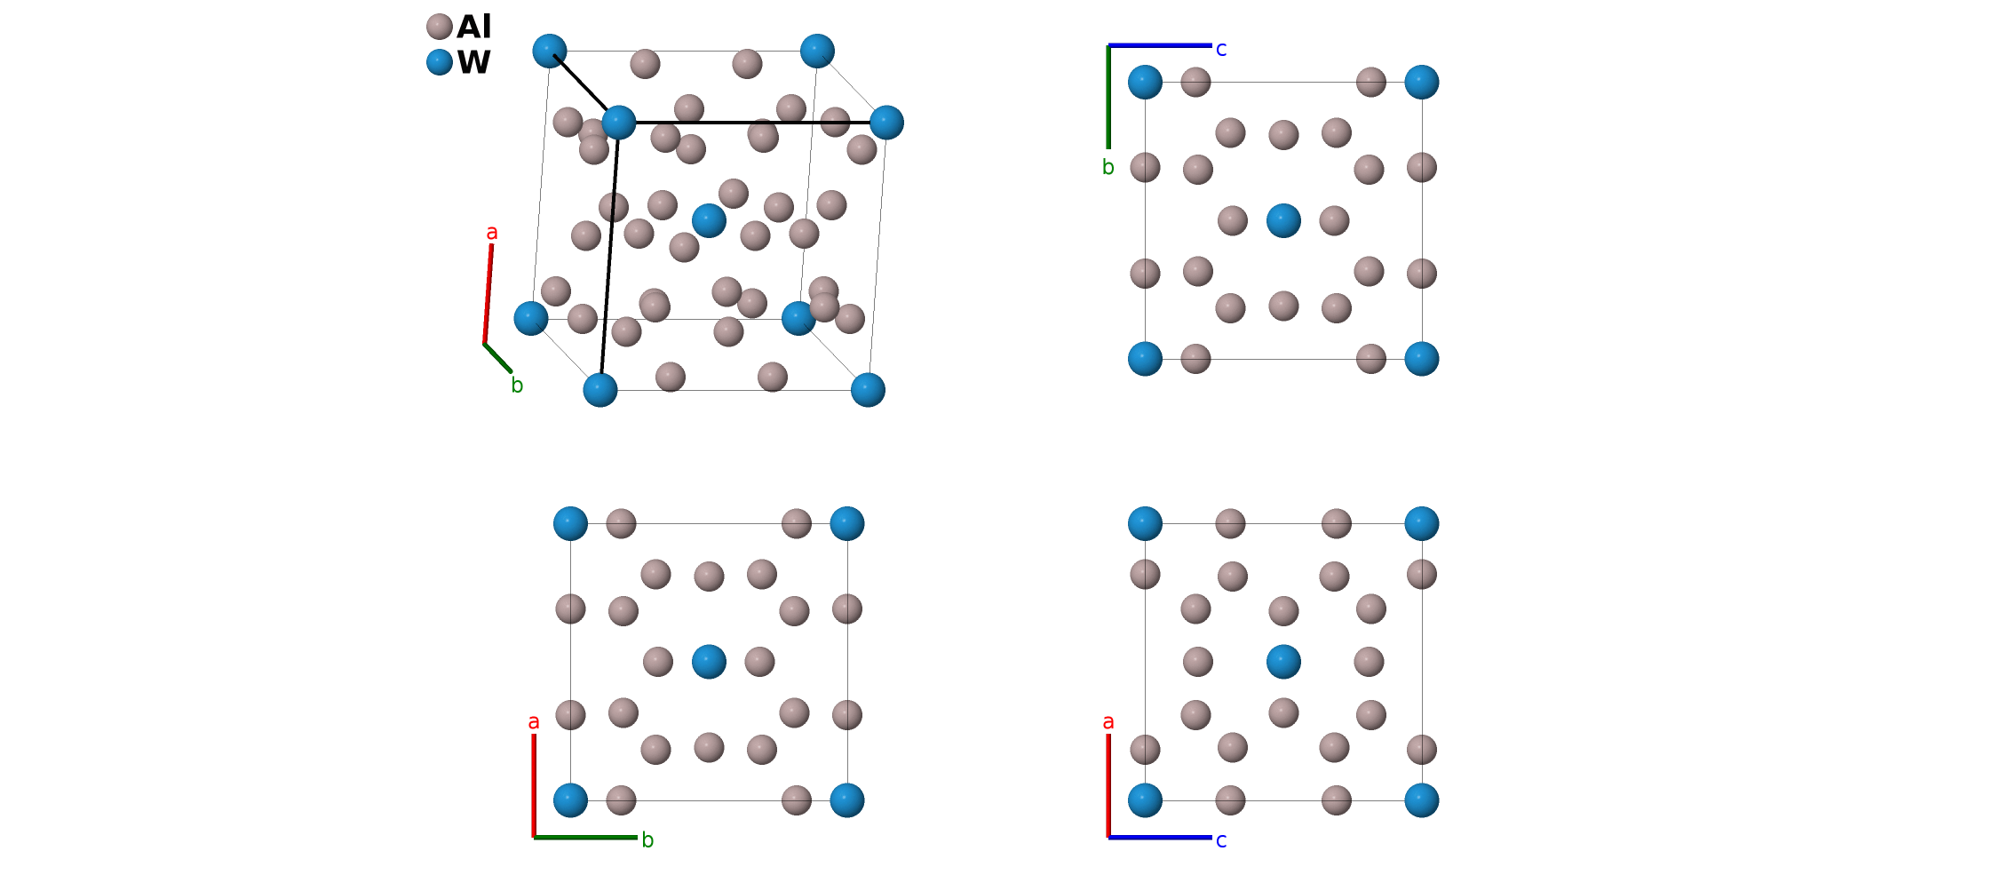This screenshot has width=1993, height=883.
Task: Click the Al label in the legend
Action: coord(473,28)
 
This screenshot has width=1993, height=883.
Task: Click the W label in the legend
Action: coord(474,63)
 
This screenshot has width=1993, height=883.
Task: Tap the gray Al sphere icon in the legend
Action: coord(439,27)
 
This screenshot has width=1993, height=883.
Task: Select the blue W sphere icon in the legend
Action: coord(439,62)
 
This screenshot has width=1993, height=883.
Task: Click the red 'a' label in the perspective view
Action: coord(491,234)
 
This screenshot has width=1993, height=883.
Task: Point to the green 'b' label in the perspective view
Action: coord(518,386)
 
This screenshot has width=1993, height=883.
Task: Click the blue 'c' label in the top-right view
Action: coord(1221,50)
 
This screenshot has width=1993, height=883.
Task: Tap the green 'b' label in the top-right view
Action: coord(1108,167)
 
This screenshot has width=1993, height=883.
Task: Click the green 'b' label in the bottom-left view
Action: coord(647,840)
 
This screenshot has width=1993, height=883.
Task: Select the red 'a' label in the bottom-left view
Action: coord(533,722)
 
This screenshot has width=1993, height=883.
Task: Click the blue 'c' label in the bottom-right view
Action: coord(1221,840)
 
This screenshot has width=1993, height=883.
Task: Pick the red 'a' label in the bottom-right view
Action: coord(1108,722)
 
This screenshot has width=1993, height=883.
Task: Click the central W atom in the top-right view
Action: coord(1283,220)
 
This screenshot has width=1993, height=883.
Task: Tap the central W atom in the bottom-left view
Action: coord(709,662)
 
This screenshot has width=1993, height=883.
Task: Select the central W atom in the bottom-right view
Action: coord(1283,662)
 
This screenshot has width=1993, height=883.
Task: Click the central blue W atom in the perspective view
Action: coord(709,220)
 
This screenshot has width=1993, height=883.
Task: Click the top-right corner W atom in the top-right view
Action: coord(1422,82)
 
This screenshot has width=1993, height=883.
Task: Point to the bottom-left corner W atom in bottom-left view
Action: coord(570,800)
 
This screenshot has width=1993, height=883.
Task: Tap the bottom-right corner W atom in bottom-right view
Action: coord(1422,800)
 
